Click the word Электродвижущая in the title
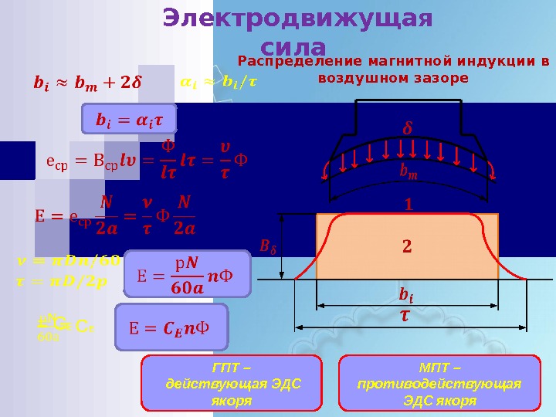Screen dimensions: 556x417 pyautogui.click(x=298, y=18)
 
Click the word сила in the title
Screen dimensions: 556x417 pyautogui.click(x=293, y=46)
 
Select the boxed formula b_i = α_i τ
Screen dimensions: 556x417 pyautogui.click(x=129, y=119)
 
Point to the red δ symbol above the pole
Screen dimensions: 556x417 pyautogui.click(x=409, y=126)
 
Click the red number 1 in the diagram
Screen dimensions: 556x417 pyautogui.click(x=409, y=206)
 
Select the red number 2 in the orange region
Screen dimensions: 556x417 pyautogui.click(x=407, y=247)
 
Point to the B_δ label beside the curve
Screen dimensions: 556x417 pyautogui.click(x=268, y=247)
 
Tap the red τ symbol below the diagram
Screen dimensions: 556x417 pyautogui.click(x=405, y=317)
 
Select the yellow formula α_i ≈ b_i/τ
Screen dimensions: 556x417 pyautogui.click(x=219, y=80)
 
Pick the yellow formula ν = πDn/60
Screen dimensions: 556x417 pyautogui.click(x=68, y=259)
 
